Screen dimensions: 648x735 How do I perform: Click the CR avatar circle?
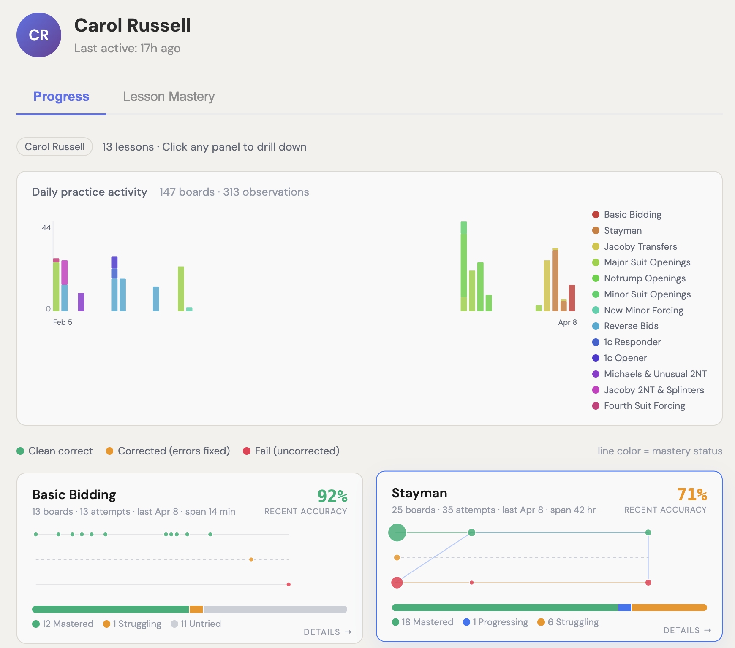pos(38,35)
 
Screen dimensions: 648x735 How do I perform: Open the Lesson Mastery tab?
pos(169,97)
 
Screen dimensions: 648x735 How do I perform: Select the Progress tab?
pos(61,97)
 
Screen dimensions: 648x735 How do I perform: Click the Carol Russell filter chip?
pos(54,147)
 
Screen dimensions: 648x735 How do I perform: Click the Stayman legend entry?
pos(622,231)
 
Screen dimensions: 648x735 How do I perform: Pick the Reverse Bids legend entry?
pos(631,326)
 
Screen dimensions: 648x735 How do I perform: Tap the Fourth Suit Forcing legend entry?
pos(644,406)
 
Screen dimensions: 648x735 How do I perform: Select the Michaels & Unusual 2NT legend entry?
pos(655,374)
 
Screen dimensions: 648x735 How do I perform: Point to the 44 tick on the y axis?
pos(46,228)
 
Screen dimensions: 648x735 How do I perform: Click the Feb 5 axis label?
pos(63,322)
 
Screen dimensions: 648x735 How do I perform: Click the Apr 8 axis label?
pos(567,322)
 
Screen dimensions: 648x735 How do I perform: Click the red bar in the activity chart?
pos(572,298)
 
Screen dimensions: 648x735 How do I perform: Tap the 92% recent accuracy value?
pos(332,496)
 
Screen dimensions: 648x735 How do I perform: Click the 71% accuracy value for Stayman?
pos(691,494)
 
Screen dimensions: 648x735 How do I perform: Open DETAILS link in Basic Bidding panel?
pos(327,632)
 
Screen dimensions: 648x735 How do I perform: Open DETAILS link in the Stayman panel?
pos(687,630)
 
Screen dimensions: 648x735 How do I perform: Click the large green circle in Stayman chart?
pos(397,532)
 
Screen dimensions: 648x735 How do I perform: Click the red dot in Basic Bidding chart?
pos(289,584)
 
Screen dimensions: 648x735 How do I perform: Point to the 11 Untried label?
pos(200,624)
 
